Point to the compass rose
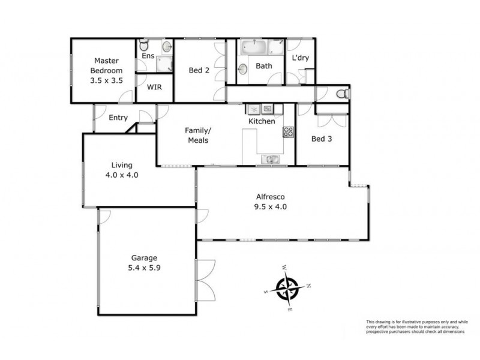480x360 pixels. point(288,287)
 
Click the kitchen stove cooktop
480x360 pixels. point(289,133)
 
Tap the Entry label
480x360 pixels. point(118,118)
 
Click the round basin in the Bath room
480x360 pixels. point(245,68)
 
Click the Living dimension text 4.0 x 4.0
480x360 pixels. point(121,176)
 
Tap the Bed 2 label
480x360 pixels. point(199,70)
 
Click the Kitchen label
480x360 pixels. point(262,121)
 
